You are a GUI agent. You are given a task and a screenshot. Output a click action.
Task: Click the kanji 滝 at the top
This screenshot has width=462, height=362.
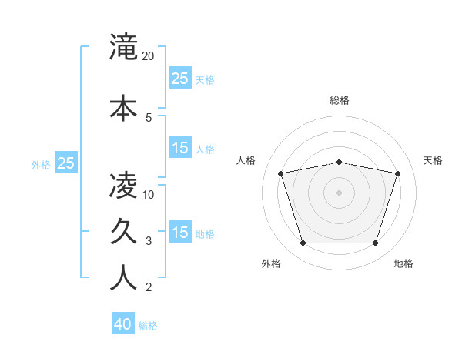point(123,47)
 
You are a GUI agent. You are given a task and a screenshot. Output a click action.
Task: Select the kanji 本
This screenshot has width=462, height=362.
point(123,109)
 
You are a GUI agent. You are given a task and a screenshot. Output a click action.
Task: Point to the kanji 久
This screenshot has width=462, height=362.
point(123,232)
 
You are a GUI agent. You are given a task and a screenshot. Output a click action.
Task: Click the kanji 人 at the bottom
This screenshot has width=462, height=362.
point(123,278)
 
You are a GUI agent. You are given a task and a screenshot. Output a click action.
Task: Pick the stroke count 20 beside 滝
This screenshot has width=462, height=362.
point(149,56)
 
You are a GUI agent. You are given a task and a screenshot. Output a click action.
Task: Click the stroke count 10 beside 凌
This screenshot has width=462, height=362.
point(149,194)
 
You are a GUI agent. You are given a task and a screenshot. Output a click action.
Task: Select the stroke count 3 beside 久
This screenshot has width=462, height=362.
point(149,241)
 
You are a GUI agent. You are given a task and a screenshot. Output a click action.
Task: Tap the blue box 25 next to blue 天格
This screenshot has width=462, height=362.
point(180,78)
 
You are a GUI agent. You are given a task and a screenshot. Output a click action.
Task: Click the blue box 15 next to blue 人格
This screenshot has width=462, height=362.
point(180,148)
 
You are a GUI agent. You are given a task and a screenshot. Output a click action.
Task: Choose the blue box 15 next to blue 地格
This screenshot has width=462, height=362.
point(180,232)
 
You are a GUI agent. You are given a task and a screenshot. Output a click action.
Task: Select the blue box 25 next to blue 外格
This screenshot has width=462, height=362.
point(66,163)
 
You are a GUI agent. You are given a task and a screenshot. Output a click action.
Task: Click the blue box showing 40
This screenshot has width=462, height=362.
point(123,324)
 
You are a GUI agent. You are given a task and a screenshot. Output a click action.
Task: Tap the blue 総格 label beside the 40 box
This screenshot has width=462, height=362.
point(149,326)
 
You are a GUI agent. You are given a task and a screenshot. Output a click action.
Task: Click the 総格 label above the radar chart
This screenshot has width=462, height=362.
point(339,101)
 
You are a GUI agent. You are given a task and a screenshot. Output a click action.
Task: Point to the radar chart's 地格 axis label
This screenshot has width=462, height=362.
point(403,263)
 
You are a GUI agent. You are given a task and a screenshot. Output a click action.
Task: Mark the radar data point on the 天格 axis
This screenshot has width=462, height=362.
point(397,173)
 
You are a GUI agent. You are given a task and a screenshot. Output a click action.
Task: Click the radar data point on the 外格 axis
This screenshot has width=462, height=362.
point(303,243)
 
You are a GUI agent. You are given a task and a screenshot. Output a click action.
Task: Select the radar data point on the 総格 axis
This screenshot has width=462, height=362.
point(339,162)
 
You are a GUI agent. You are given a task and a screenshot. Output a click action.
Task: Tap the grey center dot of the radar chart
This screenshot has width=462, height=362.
point(339,192)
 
